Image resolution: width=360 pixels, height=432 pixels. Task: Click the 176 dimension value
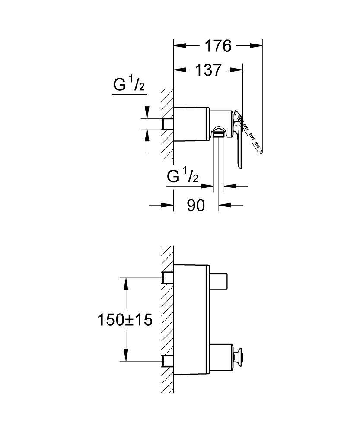(x=218, y=46)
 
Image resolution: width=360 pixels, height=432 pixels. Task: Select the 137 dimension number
(x=208, y=70)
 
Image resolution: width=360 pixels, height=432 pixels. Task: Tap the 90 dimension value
(x=196, y=205)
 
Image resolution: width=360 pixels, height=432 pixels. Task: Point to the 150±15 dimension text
(x=125, y=320)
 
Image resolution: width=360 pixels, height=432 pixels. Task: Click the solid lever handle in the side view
(x=238, y=139)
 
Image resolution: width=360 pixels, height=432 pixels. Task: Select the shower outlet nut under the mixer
(x=218, y=134)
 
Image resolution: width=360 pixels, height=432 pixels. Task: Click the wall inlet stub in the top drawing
(x=168, y=124)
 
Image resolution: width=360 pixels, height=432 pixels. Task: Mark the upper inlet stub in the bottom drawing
(x=168, y=278)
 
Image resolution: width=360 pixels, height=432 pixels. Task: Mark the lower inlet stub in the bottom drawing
(x=168, y=361)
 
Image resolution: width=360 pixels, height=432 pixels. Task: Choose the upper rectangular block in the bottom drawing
(x=218, y=282)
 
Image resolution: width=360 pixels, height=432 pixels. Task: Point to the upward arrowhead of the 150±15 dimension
(x=126, y=284)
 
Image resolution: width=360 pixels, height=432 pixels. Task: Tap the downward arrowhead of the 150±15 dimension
(x=126, y=355)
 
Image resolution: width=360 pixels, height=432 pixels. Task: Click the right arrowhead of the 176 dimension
(x=256, y=46)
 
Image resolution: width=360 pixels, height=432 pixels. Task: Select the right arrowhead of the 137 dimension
(x=236, y=70)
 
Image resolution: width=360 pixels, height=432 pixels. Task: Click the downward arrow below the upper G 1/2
(x=147, y=112)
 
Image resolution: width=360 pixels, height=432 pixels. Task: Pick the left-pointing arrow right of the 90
(x=225, y=205)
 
